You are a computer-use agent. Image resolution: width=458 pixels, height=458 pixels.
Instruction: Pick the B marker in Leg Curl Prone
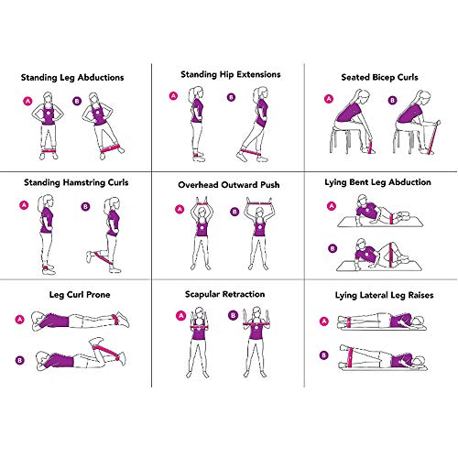pyautogui.click(x=17, y=359)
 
